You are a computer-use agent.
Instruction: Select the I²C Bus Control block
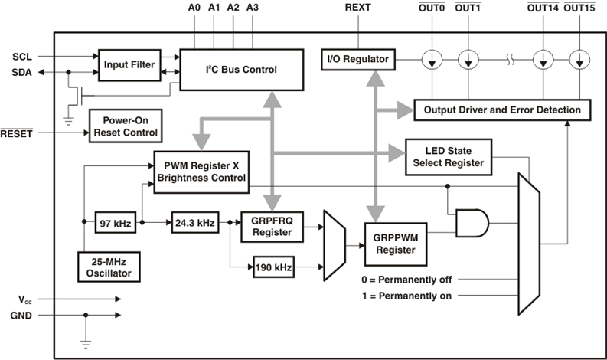tap(239, 69)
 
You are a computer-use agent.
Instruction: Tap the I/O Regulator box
tap(358, 59)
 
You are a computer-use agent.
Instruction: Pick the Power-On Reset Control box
tap(124, 126)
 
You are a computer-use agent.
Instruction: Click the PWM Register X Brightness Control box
tap(201, 171)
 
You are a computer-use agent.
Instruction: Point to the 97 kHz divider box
tap(115, 224)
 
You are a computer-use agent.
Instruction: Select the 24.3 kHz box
tap(194, 224)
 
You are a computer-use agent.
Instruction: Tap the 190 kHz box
tap(274, 268)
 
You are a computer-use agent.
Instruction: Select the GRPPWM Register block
tap(394, 244)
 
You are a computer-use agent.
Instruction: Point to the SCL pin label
tap(21, 57)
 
